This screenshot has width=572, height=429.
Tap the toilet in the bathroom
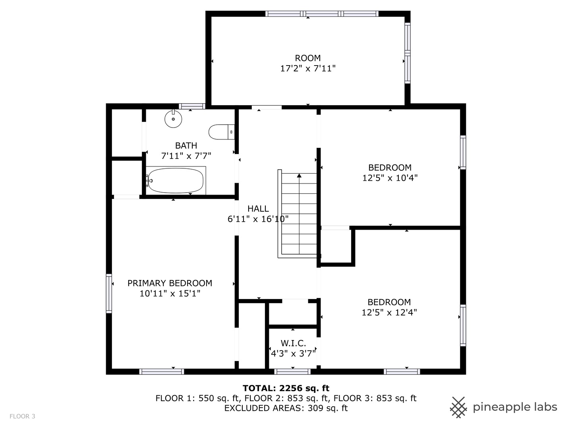click(222, 132)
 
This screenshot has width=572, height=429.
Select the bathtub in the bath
click(176, 180)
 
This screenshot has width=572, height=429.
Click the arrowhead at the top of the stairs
click(299, 176)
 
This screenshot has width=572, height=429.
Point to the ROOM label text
click(307, 58)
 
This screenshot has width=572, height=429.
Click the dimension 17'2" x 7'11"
click(308, 68)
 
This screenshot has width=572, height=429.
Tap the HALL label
click(258, 209)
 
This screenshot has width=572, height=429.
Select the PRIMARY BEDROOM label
click(170, 283)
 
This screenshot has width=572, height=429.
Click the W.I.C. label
click(293, 343)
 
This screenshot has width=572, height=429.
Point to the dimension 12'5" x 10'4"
click(390, 178)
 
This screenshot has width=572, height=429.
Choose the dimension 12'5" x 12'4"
click(389, 312)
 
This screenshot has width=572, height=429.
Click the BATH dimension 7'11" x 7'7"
click(186, 156)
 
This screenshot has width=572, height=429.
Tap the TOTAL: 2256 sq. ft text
click(286, 388)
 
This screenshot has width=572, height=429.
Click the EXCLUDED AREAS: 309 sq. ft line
click(286, 408)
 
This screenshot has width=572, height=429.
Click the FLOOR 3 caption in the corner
click(22, 416)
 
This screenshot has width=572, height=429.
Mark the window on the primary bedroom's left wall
click(109, 293)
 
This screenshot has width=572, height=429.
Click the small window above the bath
click(192, 106)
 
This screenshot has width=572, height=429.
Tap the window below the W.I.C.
click(293, 372)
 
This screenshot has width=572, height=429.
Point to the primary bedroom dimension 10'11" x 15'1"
click(170, 294)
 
